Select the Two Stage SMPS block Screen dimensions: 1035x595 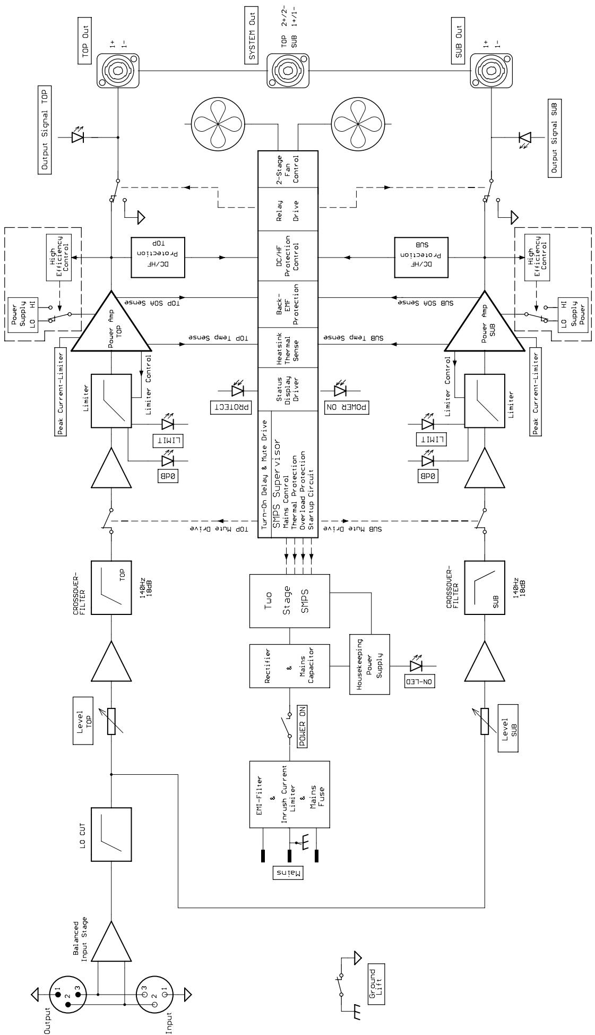pos(289,600)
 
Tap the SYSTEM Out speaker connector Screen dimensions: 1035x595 pos(289,69)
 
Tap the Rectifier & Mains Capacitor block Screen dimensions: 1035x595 pos(289,666)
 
